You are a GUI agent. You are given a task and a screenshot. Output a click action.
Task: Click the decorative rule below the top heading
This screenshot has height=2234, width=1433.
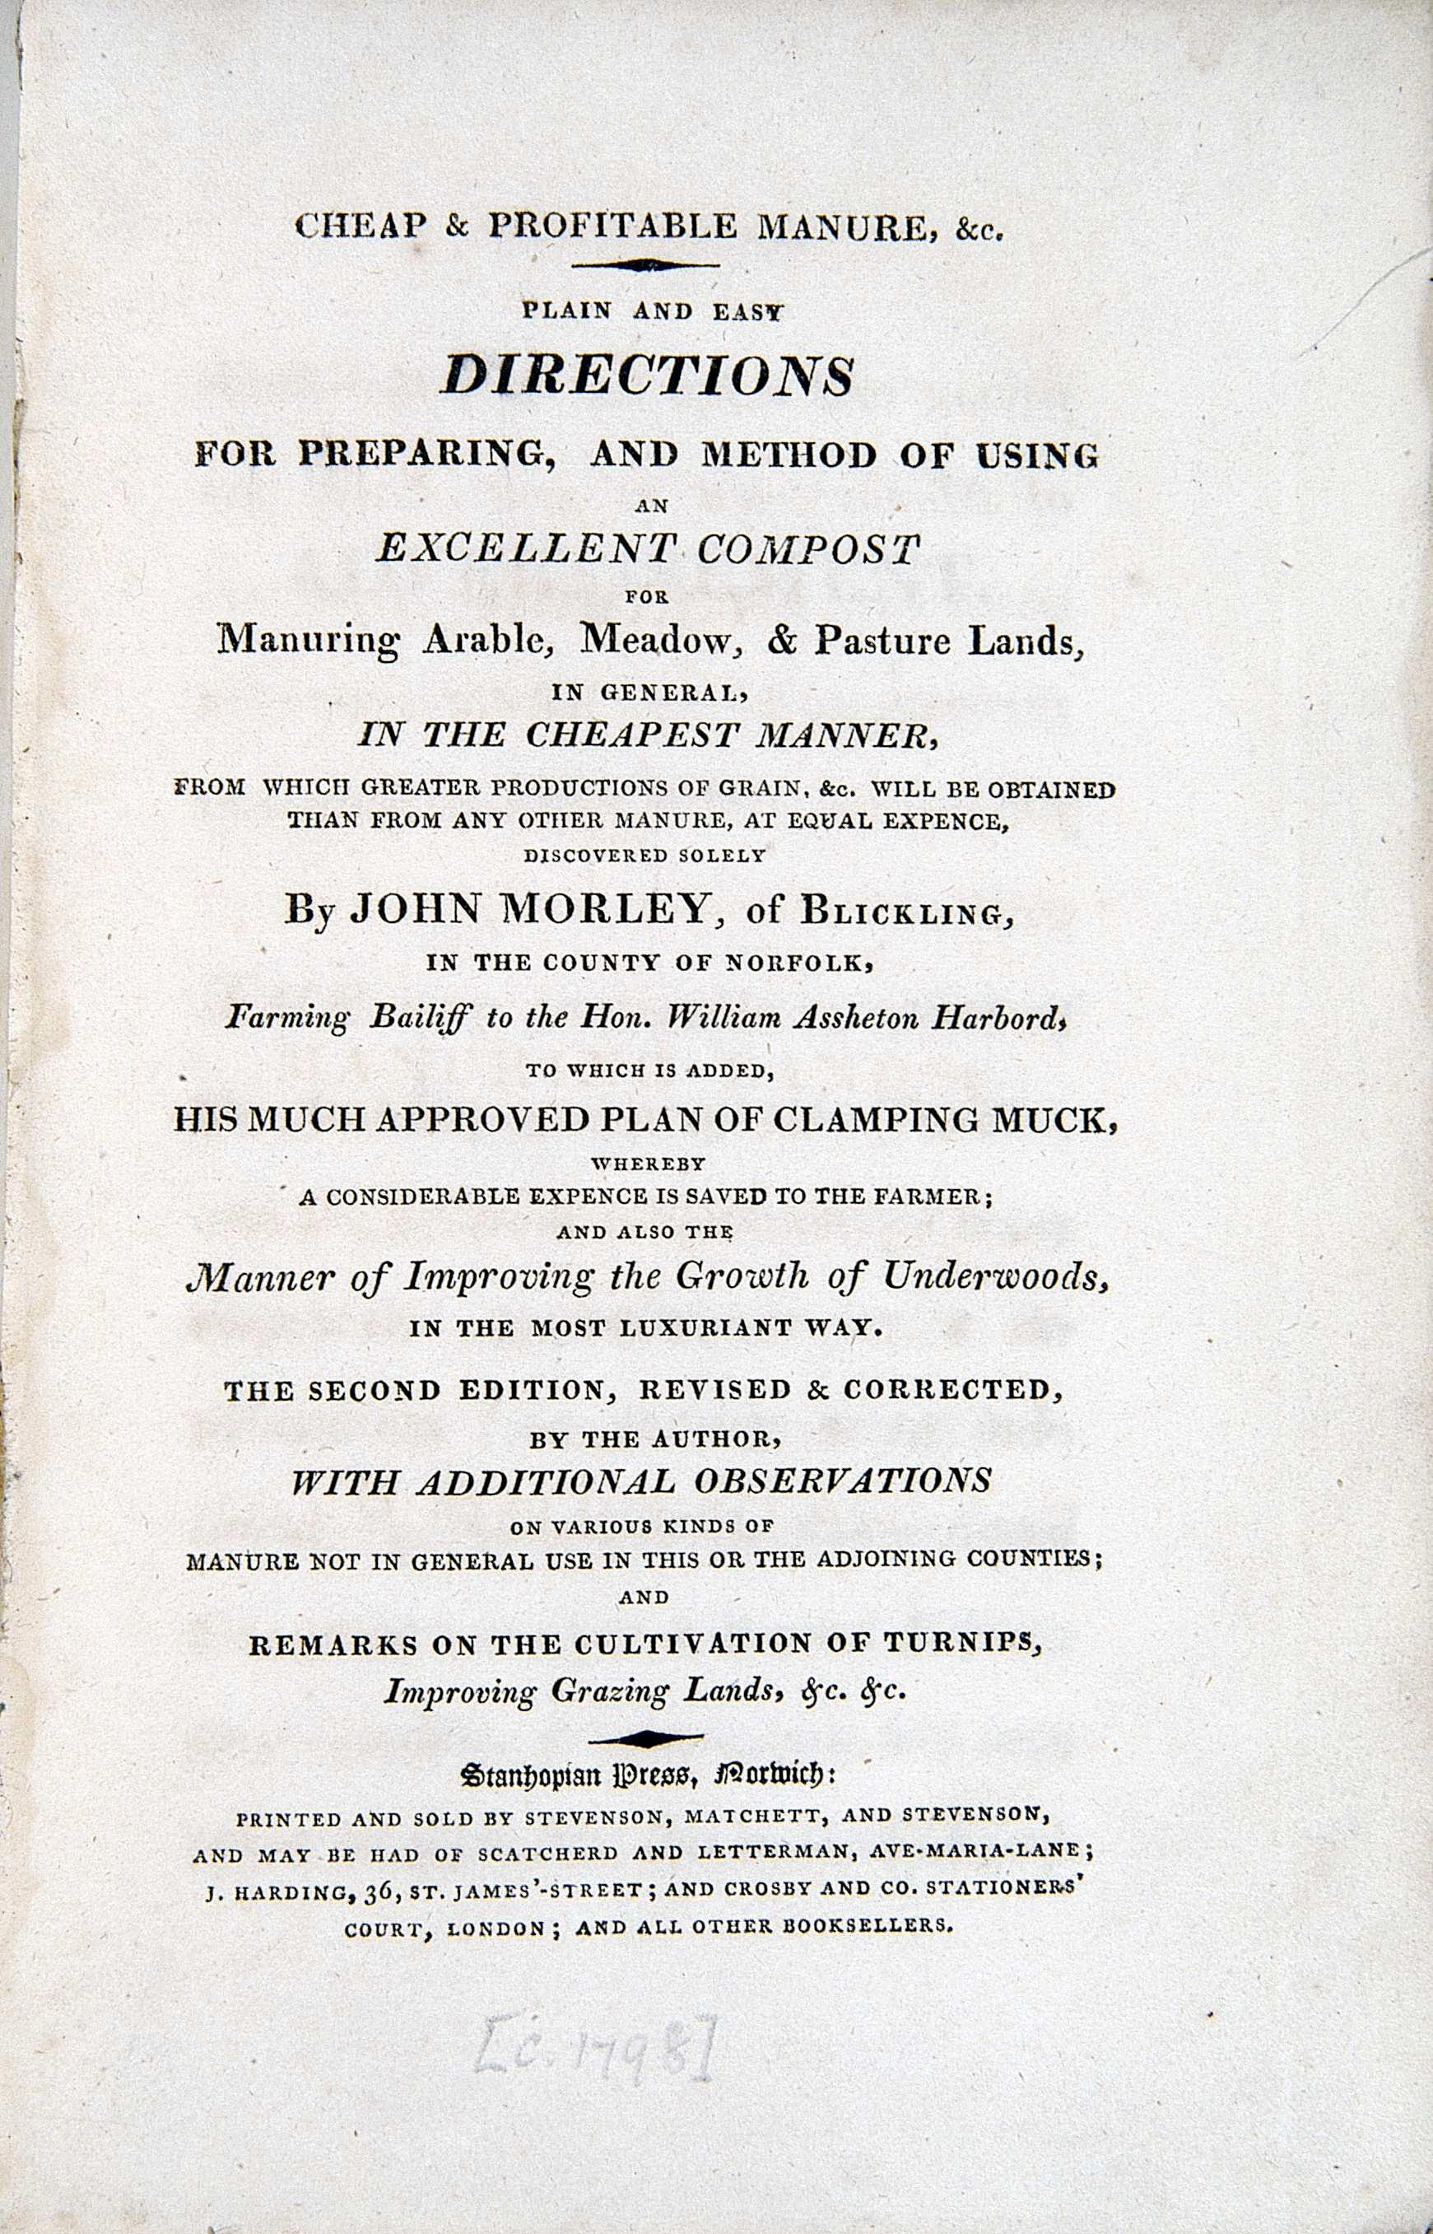(648, 266)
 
